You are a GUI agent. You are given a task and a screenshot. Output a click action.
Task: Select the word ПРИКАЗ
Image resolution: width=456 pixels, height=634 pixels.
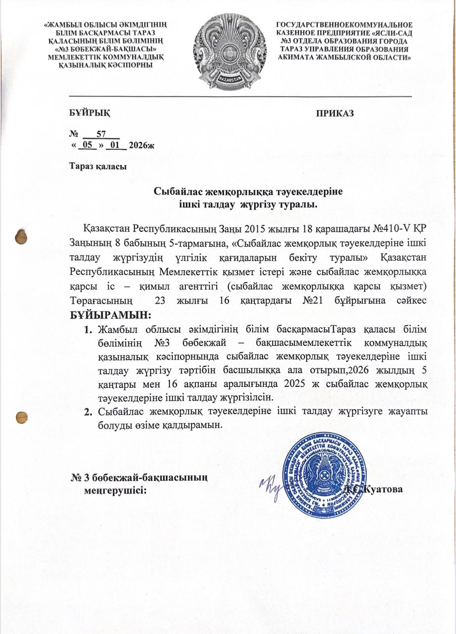(x=335, y=113)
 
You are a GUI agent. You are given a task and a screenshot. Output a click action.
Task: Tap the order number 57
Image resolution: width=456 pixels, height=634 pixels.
(x=102, y=134)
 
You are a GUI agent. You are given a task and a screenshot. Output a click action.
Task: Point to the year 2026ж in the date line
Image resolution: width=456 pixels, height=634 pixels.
(x=142, y=145)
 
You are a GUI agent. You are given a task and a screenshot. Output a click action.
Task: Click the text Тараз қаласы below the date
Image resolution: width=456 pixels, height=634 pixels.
(x=98, y=166)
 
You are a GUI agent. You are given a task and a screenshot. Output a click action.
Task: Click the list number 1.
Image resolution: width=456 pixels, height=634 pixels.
(x=88, y=328)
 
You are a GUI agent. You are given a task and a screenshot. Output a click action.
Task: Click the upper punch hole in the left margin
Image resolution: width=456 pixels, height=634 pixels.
(x=21, y=236)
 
